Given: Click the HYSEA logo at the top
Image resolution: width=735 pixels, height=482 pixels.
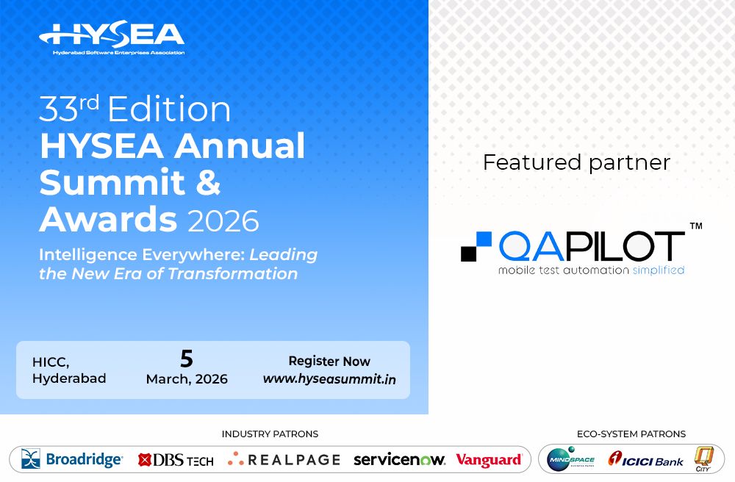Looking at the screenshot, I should coord(112,37).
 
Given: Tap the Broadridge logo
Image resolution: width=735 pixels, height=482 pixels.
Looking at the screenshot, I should coord(72,460).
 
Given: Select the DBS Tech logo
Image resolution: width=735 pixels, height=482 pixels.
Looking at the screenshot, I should coord(176,460).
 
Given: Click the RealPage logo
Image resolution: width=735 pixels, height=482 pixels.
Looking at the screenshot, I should coord(284,460).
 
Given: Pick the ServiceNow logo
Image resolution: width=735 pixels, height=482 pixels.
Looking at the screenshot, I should coord(399,460).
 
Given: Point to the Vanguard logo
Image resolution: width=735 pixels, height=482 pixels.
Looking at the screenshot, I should coord(489,460).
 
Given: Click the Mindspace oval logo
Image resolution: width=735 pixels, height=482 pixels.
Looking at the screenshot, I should coord(571,459).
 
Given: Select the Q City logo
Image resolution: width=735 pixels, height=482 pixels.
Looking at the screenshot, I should coord(704,459).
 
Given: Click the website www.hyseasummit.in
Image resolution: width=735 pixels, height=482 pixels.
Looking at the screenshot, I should coord(329,379).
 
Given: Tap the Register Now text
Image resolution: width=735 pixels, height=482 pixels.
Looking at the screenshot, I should coord(329,361).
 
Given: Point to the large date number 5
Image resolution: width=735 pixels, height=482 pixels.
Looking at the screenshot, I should coord(187,359).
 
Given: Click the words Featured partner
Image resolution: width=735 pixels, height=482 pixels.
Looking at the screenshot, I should coord(576,162).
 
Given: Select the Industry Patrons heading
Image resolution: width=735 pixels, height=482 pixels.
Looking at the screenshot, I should coord(270,434).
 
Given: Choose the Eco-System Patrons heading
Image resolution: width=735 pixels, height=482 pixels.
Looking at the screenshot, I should coord(631,434).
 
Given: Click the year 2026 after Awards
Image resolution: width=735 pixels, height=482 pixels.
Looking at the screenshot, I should coord(223,220).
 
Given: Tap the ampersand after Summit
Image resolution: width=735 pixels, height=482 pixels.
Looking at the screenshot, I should coord(209,182).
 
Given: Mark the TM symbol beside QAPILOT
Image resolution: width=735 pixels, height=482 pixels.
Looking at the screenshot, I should coord(695,227).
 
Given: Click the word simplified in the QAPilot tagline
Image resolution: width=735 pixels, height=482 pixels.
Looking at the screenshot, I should coord(658,270).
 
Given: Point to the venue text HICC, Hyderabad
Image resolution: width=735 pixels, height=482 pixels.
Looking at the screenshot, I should coord(69,370).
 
